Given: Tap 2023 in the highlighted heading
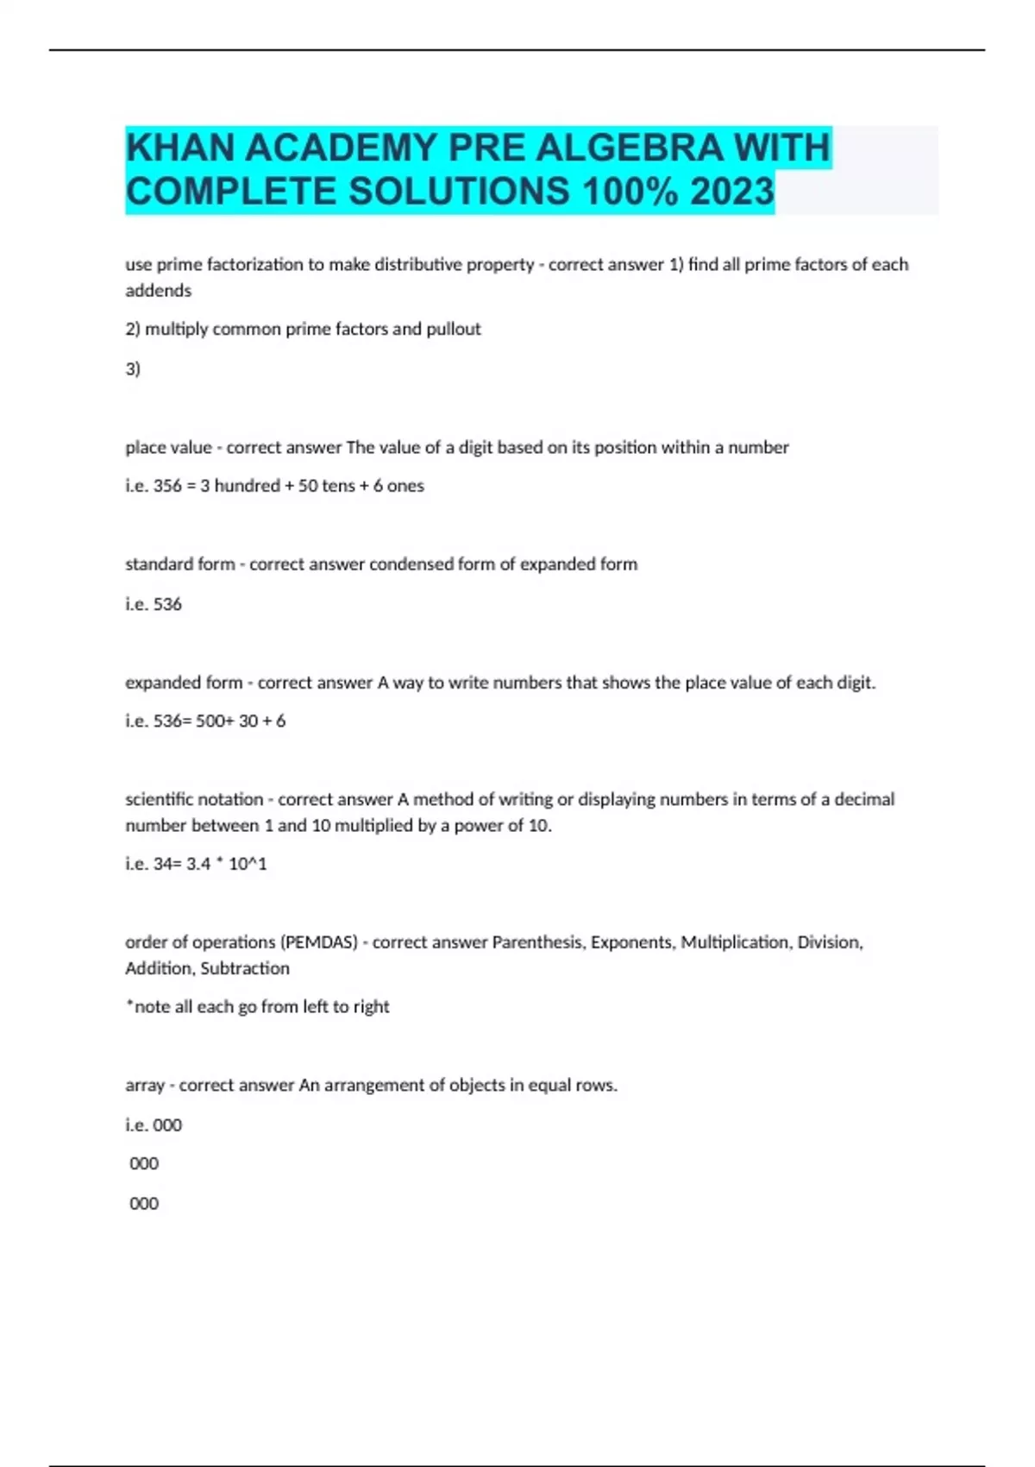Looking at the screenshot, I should click(x=731, y=192).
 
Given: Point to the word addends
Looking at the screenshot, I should click(x=159, y=291).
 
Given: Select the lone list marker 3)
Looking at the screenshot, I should click(x=133, y=369).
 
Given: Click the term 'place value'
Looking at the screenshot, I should click(x=168, y=447).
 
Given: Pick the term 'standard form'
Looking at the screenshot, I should click(x=179, y=564).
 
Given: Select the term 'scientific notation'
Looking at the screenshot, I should click(x=194, y=799).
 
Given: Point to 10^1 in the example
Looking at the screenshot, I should click(x=248, y=864).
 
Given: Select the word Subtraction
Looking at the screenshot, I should click(x=245, y=968).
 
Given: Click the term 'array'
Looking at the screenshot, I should click(x=144, y=1086).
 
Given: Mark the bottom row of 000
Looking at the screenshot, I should click(x=144, y=1204).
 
